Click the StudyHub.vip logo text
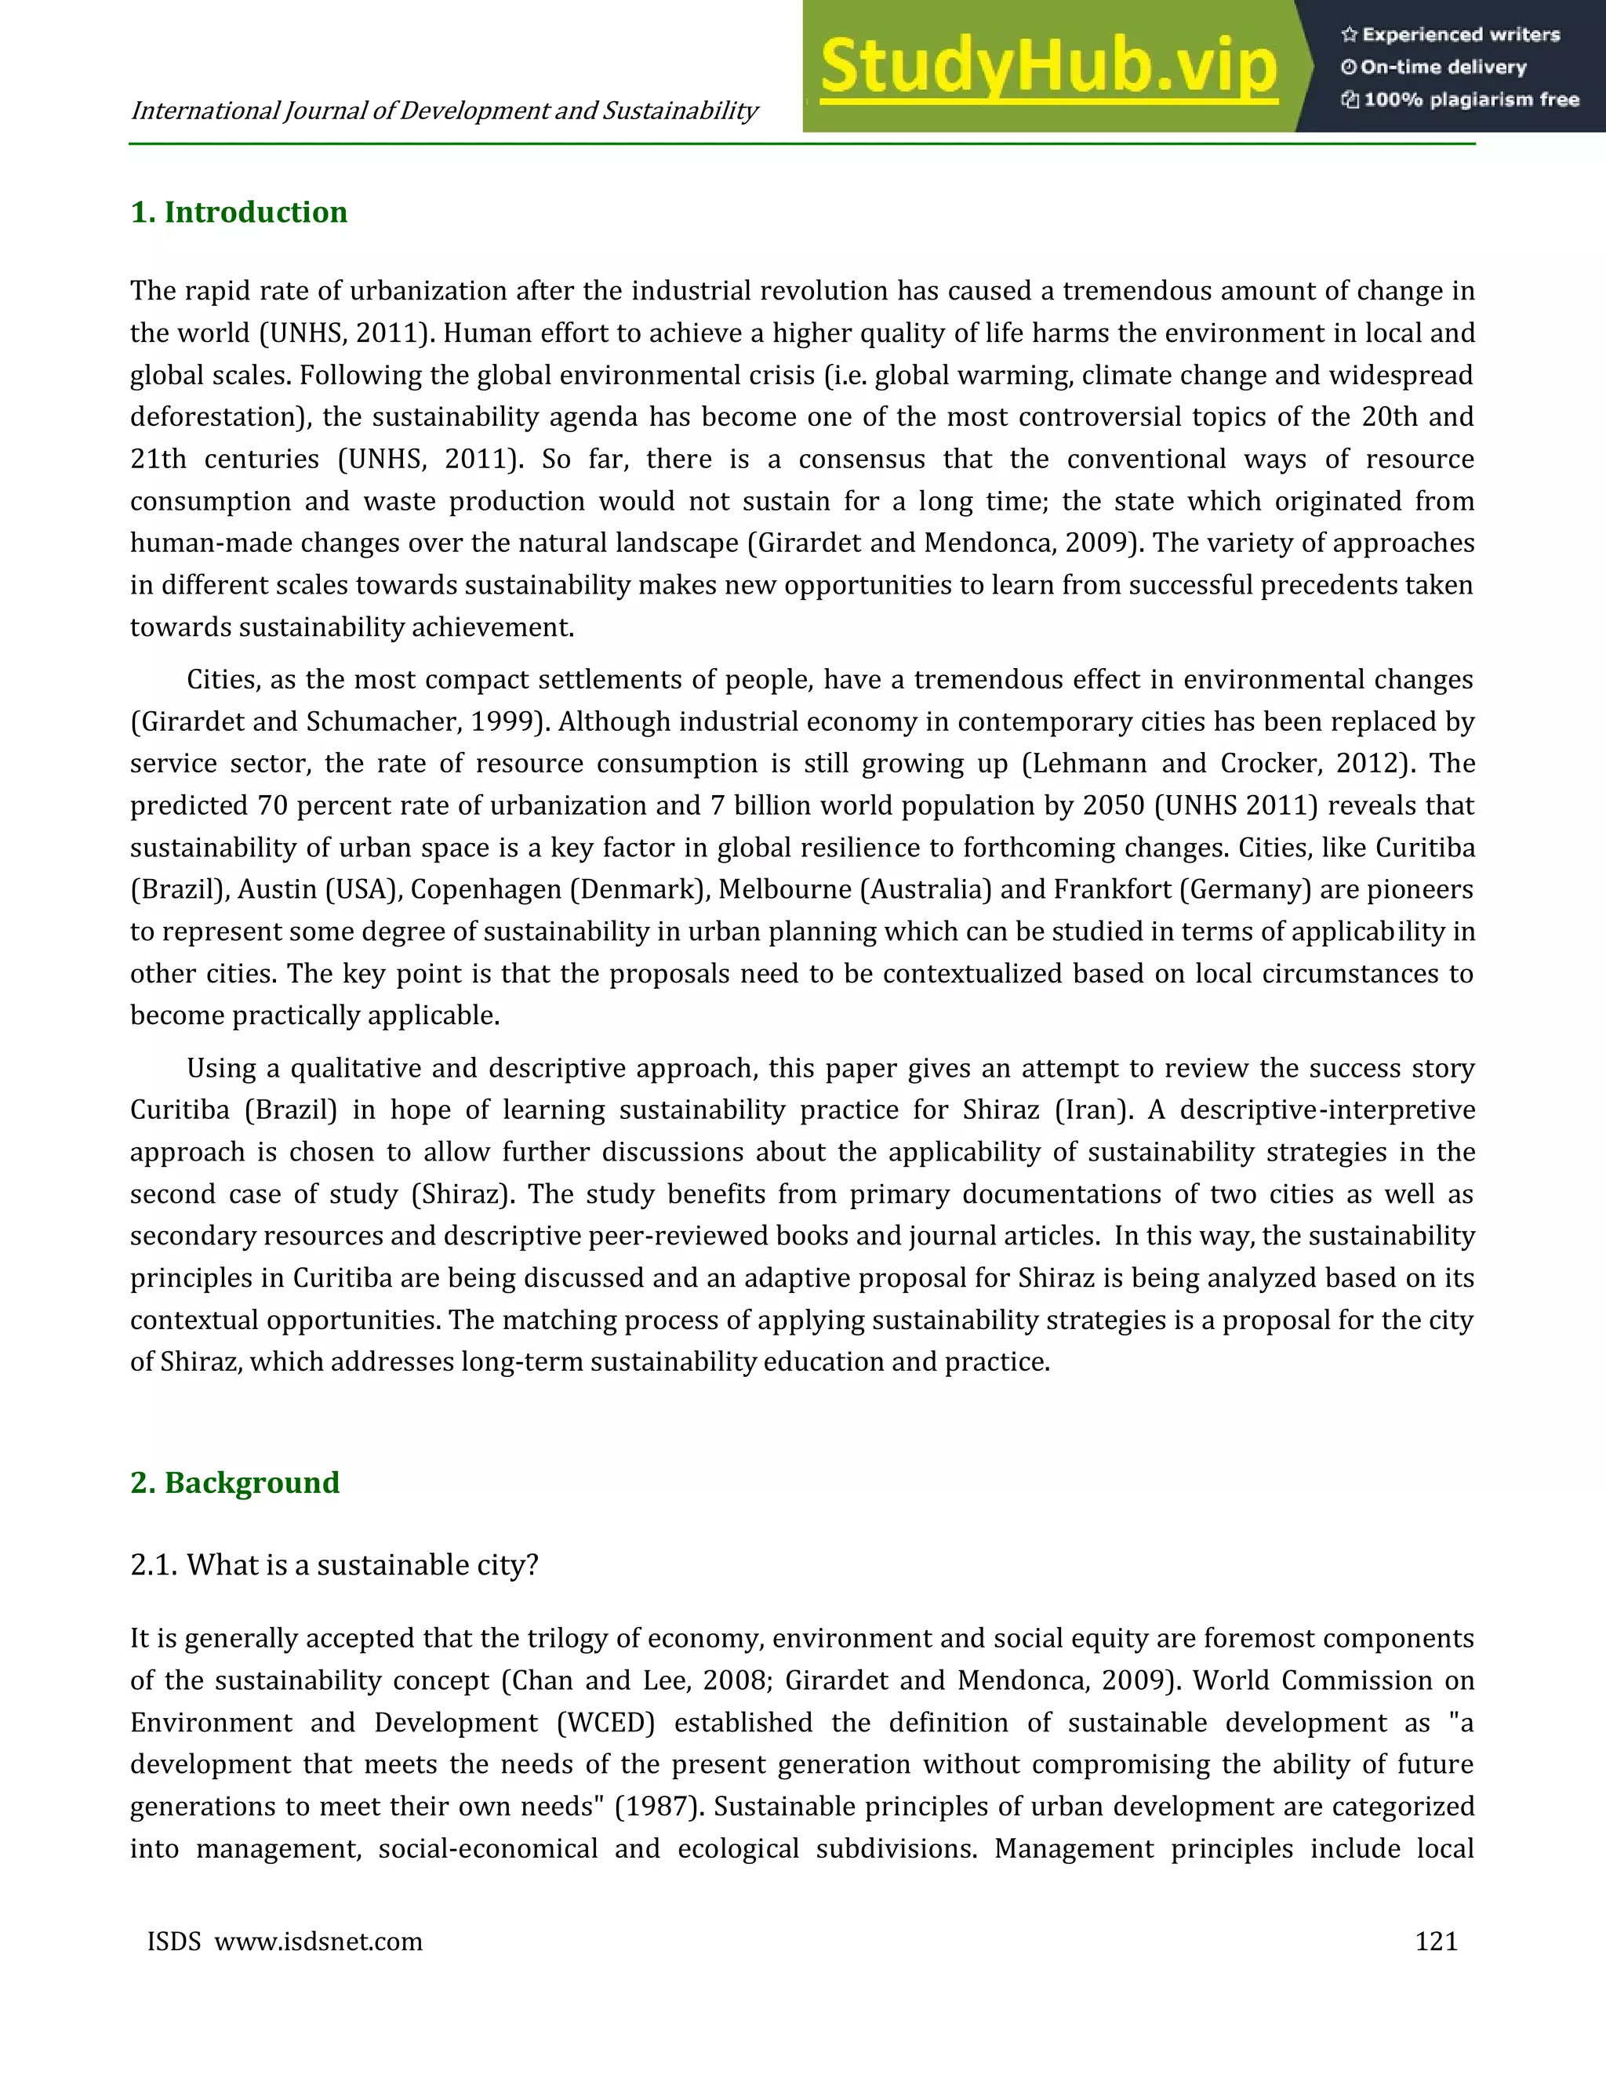[1048, 67]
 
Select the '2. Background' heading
[235, 1482]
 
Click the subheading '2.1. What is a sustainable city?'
[334, 1564]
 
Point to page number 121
[1436, 1941]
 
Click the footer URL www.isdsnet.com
[318, 1941]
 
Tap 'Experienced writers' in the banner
[1460, 35]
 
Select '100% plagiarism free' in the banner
[1471, 99]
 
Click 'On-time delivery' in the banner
[1444, 67]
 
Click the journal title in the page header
[443, 111]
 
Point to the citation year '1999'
[504, 721]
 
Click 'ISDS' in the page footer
[174, 1941]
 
